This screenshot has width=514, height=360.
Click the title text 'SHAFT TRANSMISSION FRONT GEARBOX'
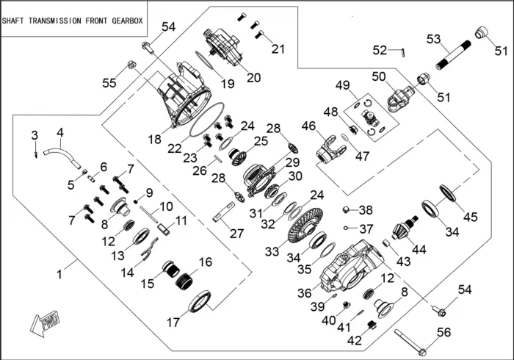[x=73, y=21]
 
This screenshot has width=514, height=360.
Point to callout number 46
[x=308, y=126]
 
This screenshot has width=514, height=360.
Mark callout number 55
[x=109, y=84]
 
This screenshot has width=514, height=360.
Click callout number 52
[x=380, y=50]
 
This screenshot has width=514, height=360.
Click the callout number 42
[x=354, y=340]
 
